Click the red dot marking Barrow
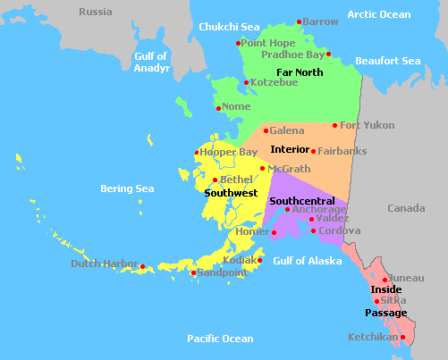(x=300, y=22)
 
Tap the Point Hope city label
(x=267, y=43)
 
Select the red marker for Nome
(x=219, y=109)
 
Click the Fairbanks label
(x=342, y=151)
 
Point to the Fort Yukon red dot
(x=335, y=126)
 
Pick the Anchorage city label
(x=319, y=210)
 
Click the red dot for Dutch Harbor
(x=143, y=266)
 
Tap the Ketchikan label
(x=373, y=338)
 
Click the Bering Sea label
(x=127, y=189)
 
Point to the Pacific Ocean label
(x=220, y=339)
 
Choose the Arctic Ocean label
(x=378, y=14)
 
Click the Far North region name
(x=300, y=71)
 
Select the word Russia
(x=96, y=12)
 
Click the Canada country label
(x=407, y=208)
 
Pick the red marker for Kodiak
(x=259, y=261)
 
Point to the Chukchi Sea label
(x=230, y=27)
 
